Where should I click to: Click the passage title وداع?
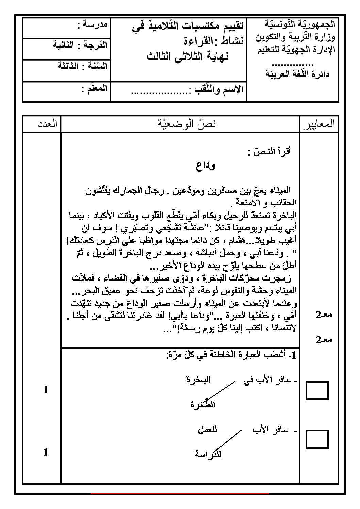pyautogui.click(x=206, y=166)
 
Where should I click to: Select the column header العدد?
pyautogui.click(x=48, y=124)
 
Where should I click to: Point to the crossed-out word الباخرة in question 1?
pyautogui.click(x=199, y=380)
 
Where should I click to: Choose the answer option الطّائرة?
pyautogui.click(x=203, y=405)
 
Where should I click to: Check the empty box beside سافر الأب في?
pyautogui.click(x=317, y=390)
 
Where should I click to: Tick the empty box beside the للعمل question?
pyautogui.click(x=317, y=439)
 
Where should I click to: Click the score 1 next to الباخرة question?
pyautogui.click(x=46, y=390)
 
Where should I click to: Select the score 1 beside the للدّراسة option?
pyautogui.click(x=46, y=452)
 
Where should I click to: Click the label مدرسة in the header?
pyautogui.click(x=93, y=24)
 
